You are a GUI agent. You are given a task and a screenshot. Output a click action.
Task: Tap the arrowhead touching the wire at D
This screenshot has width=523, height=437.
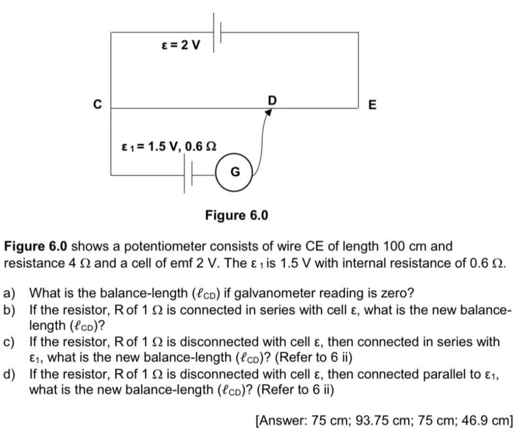(269, 112)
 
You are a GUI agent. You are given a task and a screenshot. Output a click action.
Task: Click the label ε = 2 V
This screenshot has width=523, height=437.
(181, 46)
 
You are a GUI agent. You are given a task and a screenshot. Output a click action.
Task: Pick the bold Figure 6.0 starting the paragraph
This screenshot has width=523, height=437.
(36, 247)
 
